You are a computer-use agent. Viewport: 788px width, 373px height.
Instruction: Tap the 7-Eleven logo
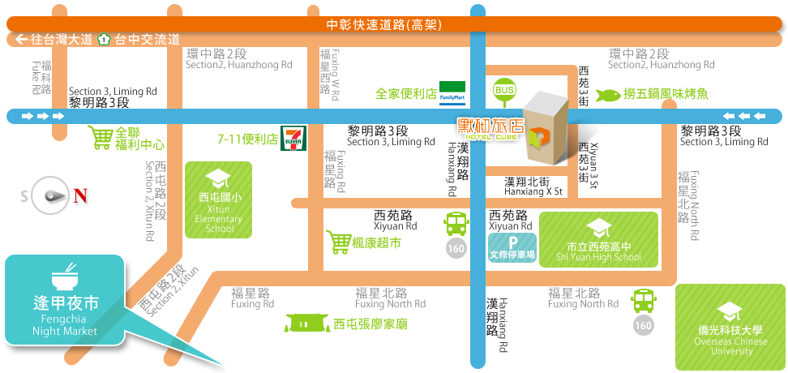point(292,139)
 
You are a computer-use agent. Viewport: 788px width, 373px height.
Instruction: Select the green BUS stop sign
point(504,90)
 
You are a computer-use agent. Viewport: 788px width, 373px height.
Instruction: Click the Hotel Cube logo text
point(490,130)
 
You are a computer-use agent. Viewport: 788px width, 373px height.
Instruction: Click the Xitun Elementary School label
point(219,212)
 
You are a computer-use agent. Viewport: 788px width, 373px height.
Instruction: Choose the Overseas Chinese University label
point(730,341)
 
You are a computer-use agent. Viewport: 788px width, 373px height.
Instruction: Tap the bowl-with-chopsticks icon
point(65,277)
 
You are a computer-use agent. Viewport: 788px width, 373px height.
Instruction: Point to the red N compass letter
point(81,196)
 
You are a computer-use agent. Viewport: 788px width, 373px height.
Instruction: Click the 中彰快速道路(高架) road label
point(383,24)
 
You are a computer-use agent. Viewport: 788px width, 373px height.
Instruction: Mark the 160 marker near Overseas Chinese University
point(643,325)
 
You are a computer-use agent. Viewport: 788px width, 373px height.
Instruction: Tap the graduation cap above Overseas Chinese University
point(730,310)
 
